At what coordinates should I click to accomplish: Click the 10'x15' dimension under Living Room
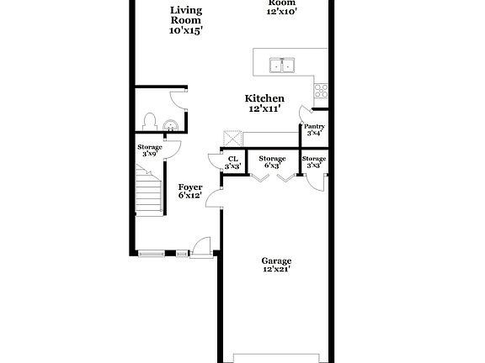pyautogui.click(x=186, y=29)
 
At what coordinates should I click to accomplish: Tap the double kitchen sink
pyautogui.click(x=281, y=65)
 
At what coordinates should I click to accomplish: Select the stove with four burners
pyautogui.click(x=321, y=90)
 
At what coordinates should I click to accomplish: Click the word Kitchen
pyautogui.click(x=264, y=98)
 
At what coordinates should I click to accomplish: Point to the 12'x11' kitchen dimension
pyautogui.click(x=264, y=109)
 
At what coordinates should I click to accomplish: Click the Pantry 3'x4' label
pyautogui.click(x=315, y=129)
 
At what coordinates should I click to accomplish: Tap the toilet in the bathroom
pyautogui.click(x=150, y=123)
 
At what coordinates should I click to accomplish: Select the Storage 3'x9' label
pyautogui.click(x=150, y=150)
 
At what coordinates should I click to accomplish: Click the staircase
pyautogui.click(x=150, y=192)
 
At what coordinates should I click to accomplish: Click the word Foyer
pyautogui.click(x=189, y=187)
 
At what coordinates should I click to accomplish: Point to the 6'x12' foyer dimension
pyautogui.click(x=189, y=196)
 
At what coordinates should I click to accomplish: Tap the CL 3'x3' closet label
pyautogui.click(x=232, y=162)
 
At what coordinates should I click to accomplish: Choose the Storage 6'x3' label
pyautogui.click(x=272, y=162)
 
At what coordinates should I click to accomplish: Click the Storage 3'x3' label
pyautogui.click(x=314, y=162)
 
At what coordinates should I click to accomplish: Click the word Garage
pyautogui.click(x=275, y=260)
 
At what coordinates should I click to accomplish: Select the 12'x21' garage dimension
pyautogui.click(x=275, y=271)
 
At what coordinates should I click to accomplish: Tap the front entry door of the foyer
pyautogui.click(x=201, y=248)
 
